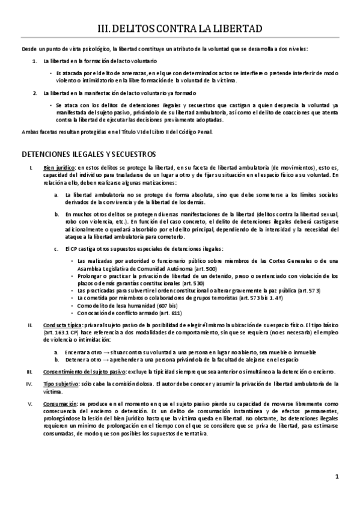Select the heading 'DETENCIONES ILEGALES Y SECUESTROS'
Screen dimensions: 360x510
tap(88, 154)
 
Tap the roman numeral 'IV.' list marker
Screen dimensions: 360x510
tap(28, 383)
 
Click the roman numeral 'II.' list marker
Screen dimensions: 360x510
tap(29, 325)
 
